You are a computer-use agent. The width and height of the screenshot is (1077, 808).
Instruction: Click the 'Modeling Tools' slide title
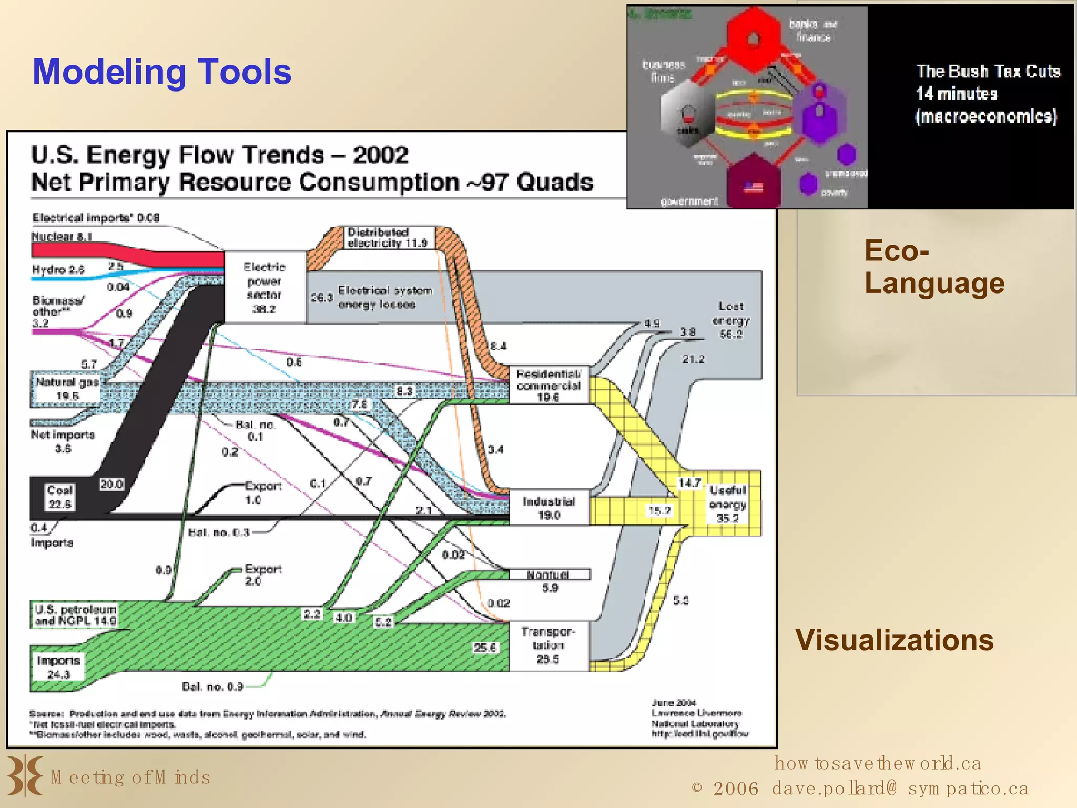pyautogui.click(x=162, y=72)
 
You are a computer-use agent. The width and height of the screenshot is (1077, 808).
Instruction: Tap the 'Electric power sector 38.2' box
pyautogui.click(x=265, y=287)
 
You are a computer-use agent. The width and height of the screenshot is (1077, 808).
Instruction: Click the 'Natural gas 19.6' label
pyautogui.click(x=67, y=388)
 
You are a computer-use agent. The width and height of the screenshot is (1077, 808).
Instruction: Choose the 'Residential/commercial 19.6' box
pyautogui.click(x=548, y=386)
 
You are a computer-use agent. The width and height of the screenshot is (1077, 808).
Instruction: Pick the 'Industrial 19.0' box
pyautogui.click(x=548, y=508)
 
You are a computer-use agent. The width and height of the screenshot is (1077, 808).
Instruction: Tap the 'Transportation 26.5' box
pyautogui.click(x=548, y=645)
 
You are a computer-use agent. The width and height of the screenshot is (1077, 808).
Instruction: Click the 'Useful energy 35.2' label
pyautogui.click(x=727, y=504)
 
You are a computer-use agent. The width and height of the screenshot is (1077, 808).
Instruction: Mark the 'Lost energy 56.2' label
pyautogui.click(x=730, y=320)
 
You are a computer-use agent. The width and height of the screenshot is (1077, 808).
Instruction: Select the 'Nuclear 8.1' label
pyautogui.click(x=62, y=237)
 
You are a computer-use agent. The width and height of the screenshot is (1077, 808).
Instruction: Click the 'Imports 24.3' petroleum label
pyautogui.click(x=58, y=667)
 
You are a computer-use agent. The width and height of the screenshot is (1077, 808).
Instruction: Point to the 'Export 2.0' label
pyautogui.click(x=262, y=575)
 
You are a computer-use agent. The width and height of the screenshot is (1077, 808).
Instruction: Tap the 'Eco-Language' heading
pyautogui.click(x=934, y=267)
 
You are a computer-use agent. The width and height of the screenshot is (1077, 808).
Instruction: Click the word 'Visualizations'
pyautogui.click(x=894, y=640)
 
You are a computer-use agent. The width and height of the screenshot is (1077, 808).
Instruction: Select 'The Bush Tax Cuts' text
pyautogui.click(x=988, y=72)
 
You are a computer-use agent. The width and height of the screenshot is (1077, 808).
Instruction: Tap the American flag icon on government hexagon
pyautogui.click(x=753, y=187)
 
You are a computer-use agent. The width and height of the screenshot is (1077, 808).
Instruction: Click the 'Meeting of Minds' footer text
pyautogui.click(x=130, y=777)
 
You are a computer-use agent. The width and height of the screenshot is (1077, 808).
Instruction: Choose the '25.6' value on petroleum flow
pyautogui.click(x=484, y=648)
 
